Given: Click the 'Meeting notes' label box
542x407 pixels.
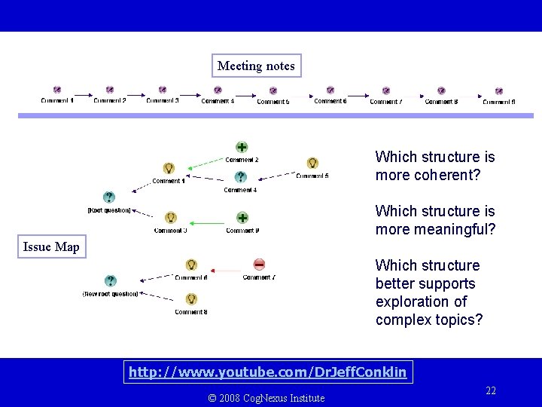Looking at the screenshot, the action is pos(256,66).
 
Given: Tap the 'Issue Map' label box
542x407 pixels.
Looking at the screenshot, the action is pos(51,246).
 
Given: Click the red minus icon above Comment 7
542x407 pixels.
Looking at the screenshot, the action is pos(259,264).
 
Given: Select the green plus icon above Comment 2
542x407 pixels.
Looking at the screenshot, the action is pos(242,147).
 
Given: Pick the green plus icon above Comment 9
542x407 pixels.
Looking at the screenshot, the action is pos(242,218).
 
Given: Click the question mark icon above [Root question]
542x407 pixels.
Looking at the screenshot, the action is pos(109,197).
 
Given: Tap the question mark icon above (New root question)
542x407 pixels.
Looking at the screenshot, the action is pos(111,280).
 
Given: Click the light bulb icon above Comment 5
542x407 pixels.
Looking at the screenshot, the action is pos(312,163).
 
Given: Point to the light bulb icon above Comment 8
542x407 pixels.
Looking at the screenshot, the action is pos(191,299).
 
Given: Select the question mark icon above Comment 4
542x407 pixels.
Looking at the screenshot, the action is pos(240,177).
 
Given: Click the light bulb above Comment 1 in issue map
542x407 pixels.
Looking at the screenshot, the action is pos(169,168).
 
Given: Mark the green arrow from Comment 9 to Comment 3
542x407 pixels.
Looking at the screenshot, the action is pos(207,222).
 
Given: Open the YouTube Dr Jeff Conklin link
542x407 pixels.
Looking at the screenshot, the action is pos(267,372).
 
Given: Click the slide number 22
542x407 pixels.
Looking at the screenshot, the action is pos(491,390).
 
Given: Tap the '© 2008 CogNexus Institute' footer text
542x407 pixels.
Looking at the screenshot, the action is pos(266,398).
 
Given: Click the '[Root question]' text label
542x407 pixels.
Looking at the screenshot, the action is pos(109,210).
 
